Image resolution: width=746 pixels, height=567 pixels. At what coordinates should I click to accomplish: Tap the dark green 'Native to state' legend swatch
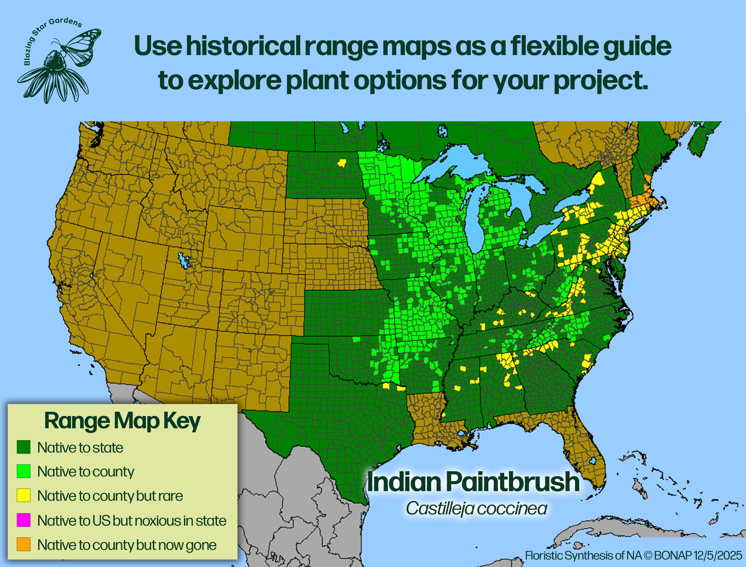click(x=24, y=447)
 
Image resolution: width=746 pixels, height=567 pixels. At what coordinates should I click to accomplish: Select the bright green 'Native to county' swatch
click(x=24, y=471)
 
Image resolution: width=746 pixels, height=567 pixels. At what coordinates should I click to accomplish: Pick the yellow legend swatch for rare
click(x=24, y=495)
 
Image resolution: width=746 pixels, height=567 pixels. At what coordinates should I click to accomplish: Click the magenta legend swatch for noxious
click(x=24, y=520)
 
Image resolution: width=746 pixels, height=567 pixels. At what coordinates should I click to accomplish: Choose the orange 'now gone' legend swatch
click(x=24, y=544)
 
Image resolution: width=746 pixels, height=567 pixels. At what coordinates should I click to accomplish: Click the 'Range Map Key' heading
click(x=122, y=421)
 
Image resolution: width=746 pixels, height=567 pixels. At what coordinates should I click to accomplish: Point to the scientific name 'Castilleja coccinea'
click(x=476, y=508)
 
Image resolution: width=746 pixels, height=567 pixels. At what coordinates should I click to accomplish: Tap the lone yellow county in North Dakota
click(x=342, y=163)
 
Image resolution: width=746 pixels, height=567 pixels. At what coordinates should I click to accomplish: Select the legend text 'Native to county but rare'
click(x=110, y=496)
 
